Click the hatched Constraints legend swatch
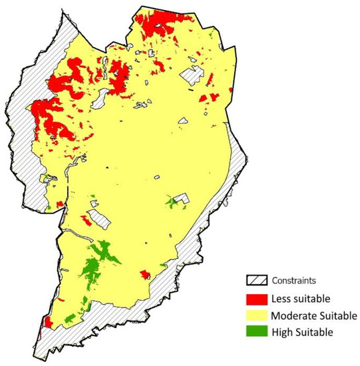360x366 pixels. point(256,280)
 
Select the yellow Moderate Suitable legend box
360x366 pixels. point(256,313)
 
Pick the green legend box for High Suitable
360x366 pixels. point(256,330)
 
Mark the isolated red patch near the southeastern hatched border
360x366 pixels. point(144,274)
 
